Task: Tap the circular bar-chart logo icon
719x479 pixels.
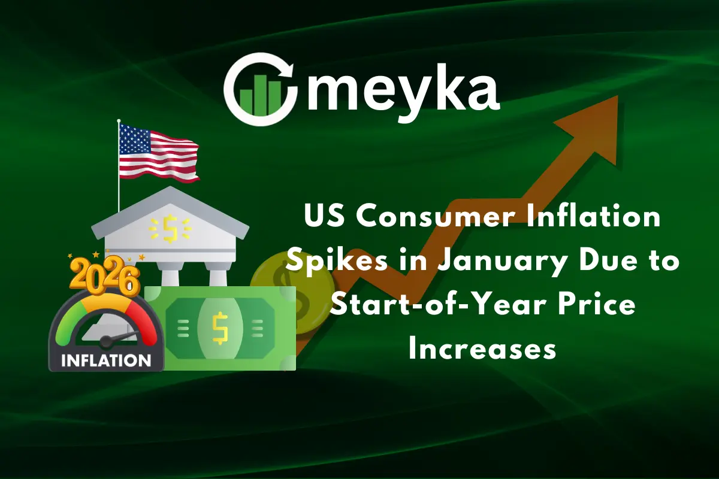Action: (260, 90)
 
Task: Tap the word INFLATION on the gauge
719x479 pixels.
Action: (106, 360)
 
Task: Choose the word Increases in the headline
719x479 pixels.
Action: (482, 350)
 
